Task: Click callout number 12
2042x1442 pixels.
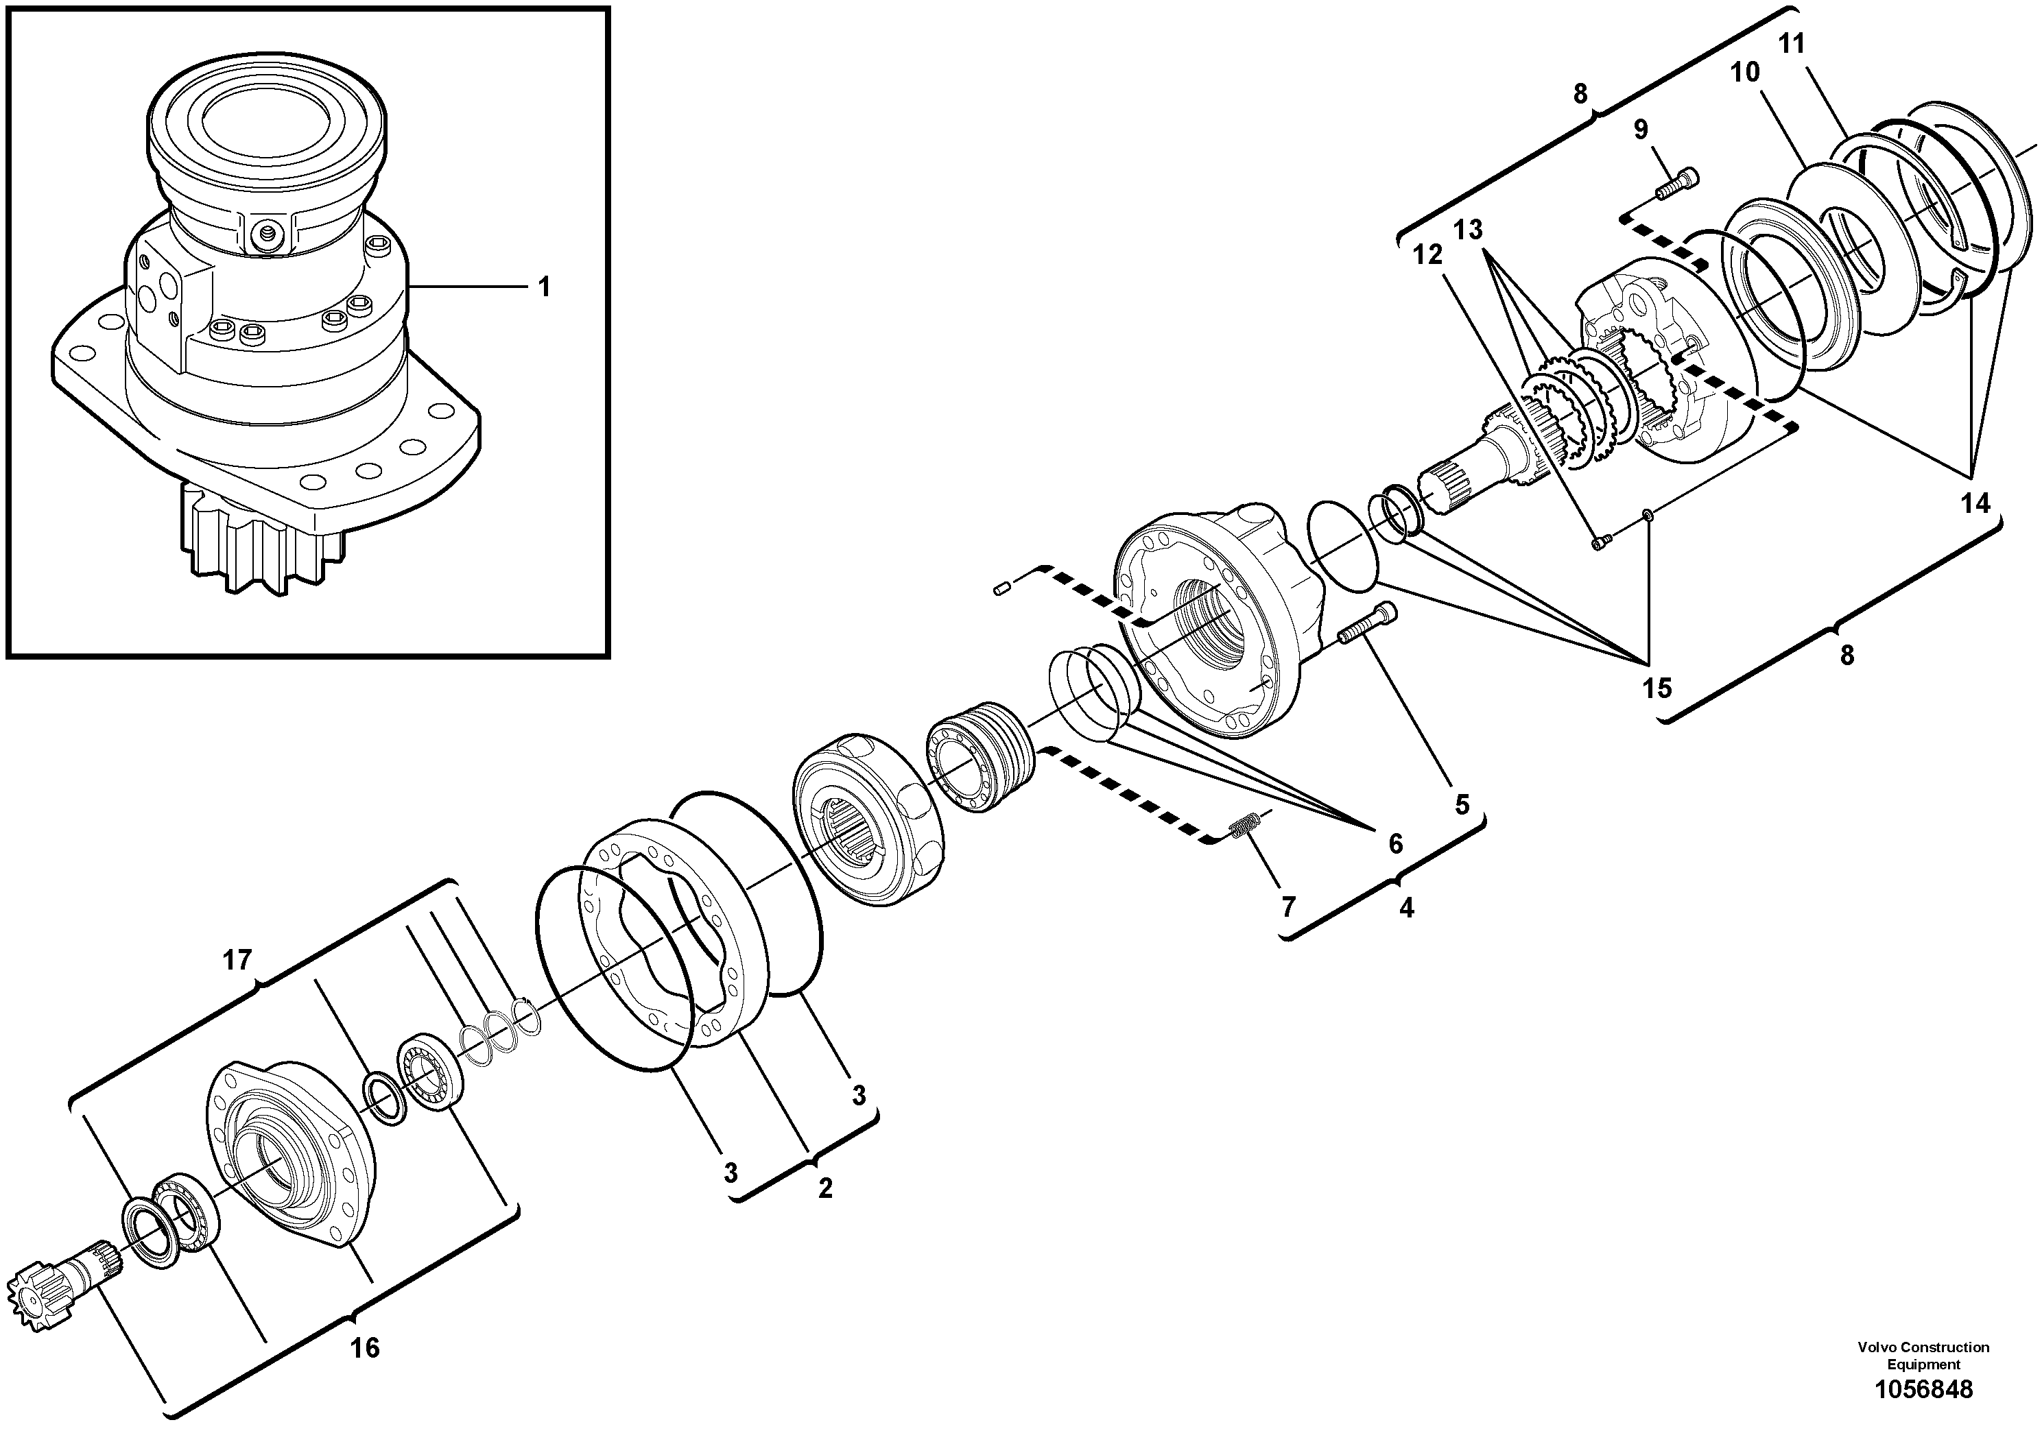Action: click(1427, 255)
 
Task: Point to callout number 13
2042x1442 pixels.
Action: click(1469, 230)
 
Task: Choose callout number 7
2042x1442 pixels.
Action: click(1287, 906)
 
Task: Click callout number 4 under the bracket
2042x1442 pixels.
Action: click(1406, 909)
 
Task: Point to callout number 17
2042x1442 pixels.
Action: click(237, 960)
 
